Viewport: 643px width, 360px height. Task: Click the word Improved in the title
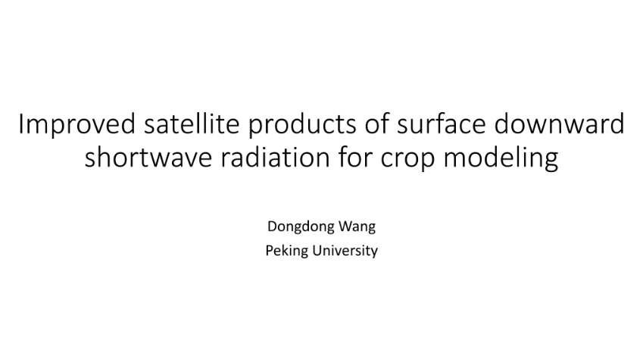pos(76,124)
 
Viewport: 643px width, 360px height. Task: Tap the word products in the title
pos(302,124)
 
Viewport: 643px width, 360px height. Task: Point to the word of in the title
pos(376,124)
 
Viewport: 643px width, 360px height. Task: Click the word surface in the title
pos(441,124)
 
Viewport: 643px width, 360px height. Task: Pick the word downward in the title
pos(560,124)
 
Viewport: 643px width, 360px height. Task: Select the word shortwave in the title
pos(148,156)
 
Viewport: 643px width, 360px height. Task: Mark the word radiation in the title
pos(275,156)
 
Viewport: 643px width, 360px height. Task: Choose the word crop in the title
pos(407,159)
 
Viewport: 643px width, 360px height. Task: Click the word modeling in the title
pos(501,158)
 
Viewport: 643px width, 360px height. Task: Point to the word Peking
pos(286,251)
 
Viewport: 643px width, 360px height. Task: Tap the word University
pos(345,251)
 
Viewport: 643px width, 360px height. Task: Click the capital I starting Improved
pos(20,124)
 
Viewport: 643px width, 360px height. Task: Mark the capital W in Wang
pos(342,227)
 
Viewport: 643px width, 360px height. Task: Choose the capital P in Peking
pos(270,251)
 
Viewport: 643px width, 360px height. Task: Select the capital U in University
pos(317,251)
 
